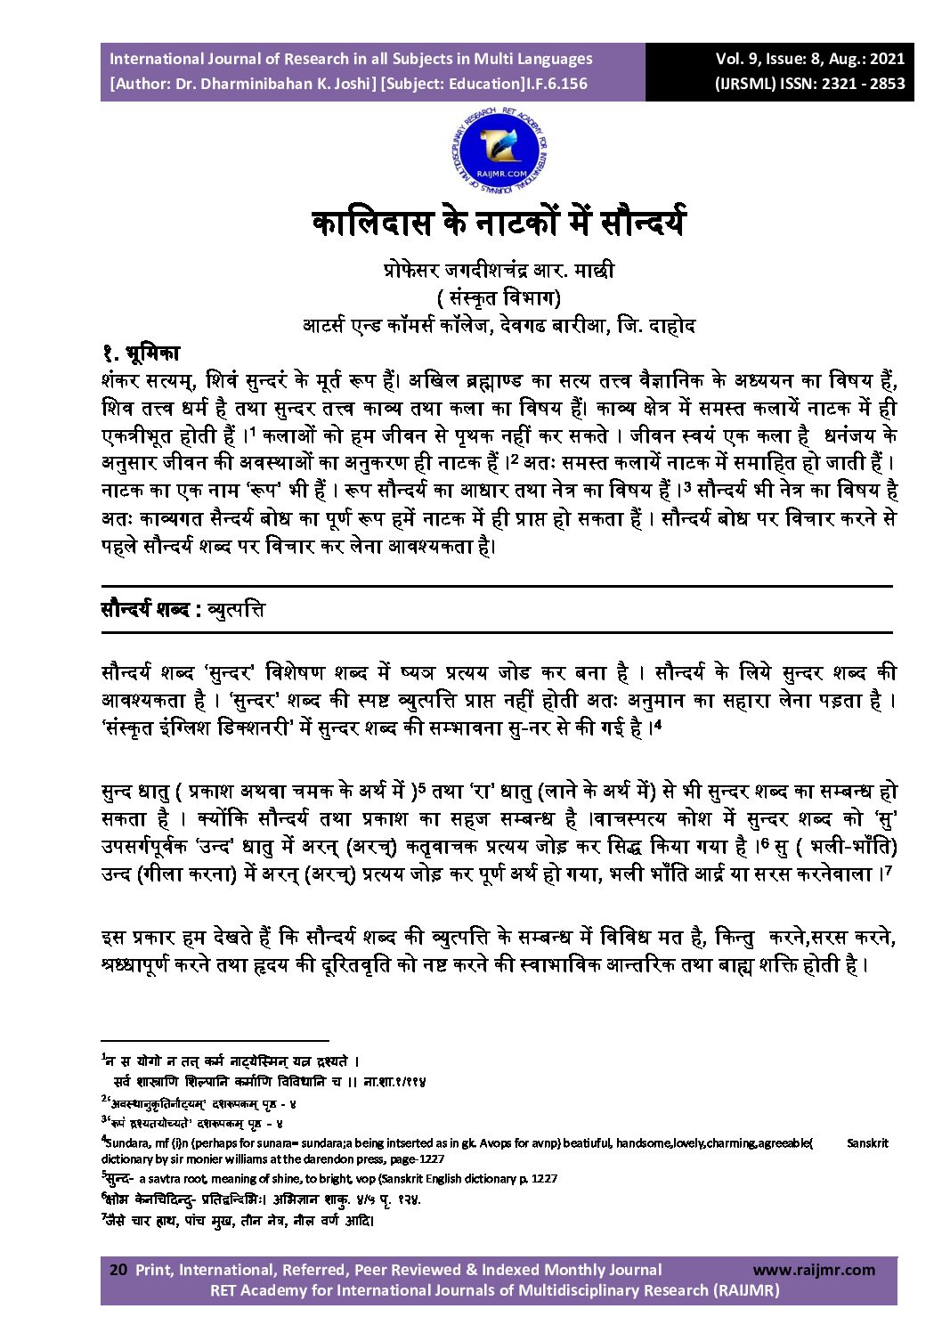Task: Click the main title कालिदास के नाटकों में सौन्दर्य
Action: tap(499, 223)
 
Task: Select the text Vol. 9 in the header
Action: tap(737, 59)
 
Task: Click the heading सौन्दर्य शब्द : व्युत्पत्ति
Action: tap(183, 611)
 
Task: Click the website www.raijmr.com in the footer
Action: tap(814, 1270)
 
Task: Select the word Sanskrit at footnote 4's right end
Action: tap(867, 1142)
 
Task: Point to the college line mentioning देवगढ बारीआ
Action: tap(499, 325)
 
